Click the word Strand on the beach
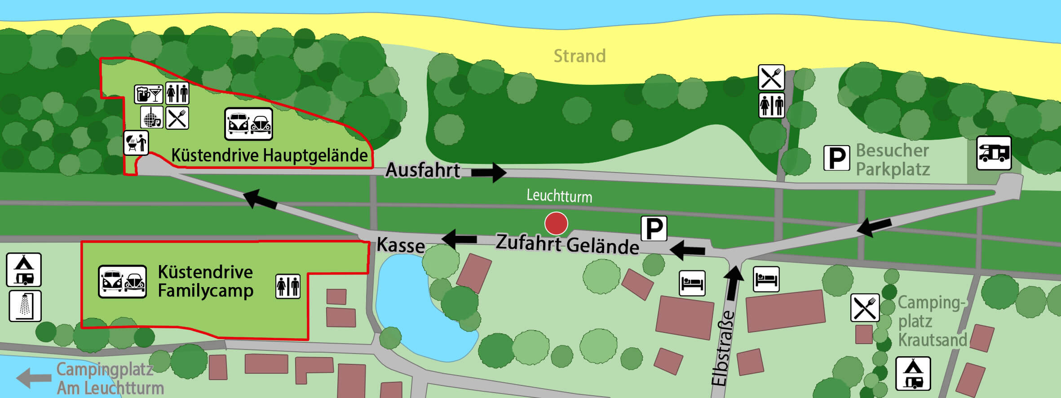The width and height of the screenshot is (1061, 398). click(579, 56)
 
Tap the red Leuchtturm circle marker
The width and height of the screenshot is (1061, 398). click(556, 223)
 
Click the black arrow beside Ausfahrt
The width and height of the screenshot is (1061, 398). click(489, 172)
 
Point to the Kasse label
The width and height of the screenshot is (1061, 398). click(400, 245)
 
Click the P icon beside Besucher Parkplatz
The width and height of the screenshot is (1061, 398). click(836, 158)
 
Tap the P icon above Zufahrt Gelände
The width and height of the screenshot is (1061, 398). click(654, 229)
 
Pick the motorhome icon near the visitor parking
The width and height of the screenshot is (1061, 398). click(994, 153)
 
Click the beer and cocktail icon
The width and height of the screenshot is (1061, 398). click(148, 94)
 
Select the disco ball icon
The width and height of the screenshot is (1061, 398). click(151, 118)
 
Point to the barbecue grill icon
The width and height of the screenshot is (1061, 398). click(136, 143)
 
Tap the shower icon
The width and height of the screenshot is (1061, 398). click(25, 306)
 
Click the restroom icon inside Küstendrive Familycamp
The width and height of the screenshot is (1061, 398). click(287, 287)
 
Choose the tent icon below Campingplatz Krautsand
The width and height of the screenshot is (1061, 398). click(913, 373)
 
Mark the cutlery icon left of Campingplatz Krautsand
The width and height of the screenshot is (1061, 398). click(865, 308)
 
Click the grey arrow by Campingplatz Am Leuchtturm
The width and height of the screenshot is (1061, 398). click(34, 377)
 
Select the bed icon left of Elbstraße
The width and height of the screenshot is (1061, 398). click(692, 283)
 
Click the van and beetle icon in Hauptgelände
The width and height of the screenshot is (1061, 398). click(248, 124)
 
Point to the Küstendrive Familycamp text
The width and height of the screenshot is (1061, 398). click(205, 281)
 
